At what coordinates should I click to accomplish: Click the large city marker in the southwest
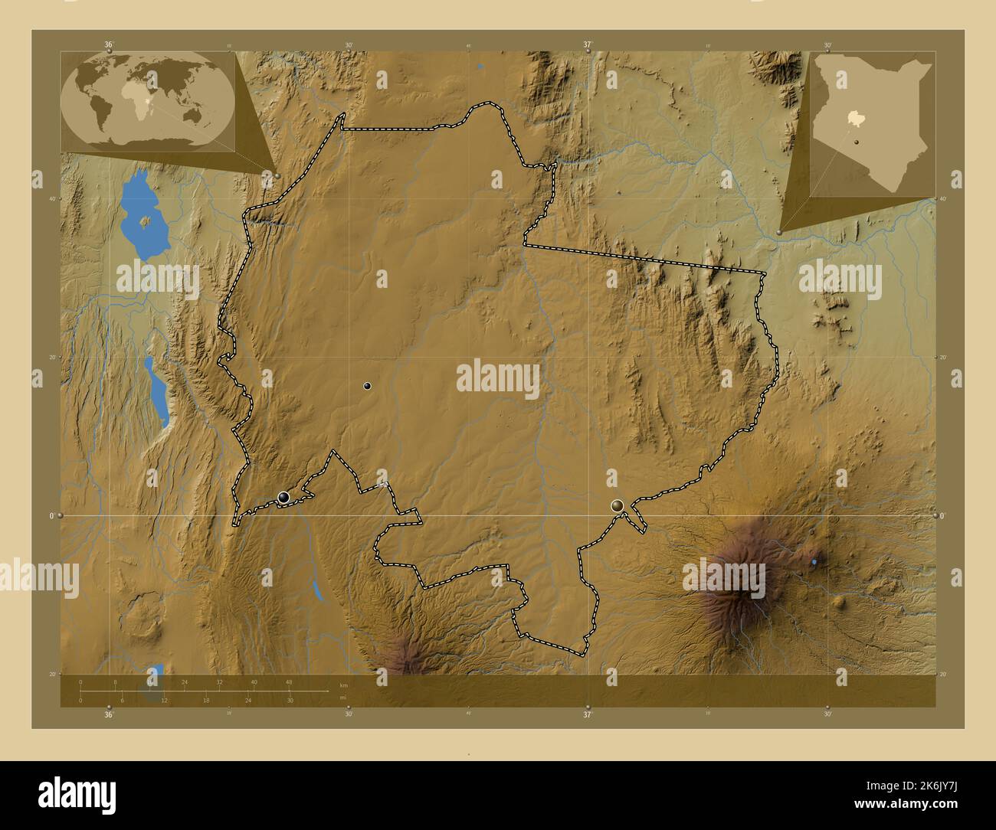point(284,498)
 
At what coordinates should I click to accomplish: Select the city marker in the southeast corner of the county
point(618,505)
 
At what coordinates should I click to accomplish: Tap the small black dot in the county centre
point(368,386)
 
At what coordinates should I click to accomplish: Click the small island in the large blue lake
point(146,222)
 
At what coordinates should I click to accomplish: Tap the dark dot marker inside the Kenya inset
point(856,142)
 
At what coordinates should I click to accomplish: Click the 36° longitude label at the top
point(109,45)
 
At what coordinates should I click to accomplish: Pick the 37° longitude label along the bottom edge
point(588,714)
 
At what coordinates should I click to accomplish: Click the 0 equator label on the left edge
point(51,515)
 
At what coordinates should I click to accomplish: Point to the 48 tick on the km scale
point(288,681)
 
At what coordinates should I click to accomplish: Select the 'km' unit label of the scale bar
point(344,685)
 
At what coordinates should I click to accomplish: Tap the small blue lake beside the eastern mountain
point(814,562)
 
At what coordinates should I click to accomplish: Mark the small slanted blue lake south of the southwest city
point(316,590)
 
